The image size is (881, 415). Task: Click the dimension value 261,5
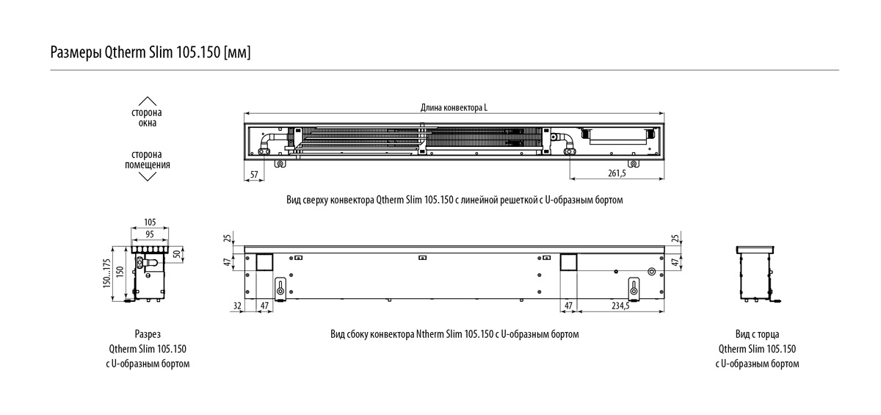(617, 173)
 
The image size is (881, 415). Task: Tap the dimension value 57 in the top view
(254, 173)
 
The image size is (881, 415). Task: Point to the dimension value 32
(236, 306)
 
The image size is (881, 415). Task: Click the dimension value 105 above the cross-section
(150, 222)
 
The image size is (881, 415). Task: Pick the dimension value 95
(150, 234)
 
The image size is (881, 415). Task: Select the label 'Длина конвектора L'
(454, 108)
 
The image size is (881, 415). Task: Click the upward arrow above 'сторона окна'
(148, 101)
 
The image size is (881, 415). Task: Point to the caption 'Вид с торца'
(756, 334)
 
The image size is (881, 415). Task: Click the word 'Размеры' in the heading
(71, 53)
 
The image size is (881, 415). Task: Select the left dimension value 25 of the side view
(228, 238)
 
